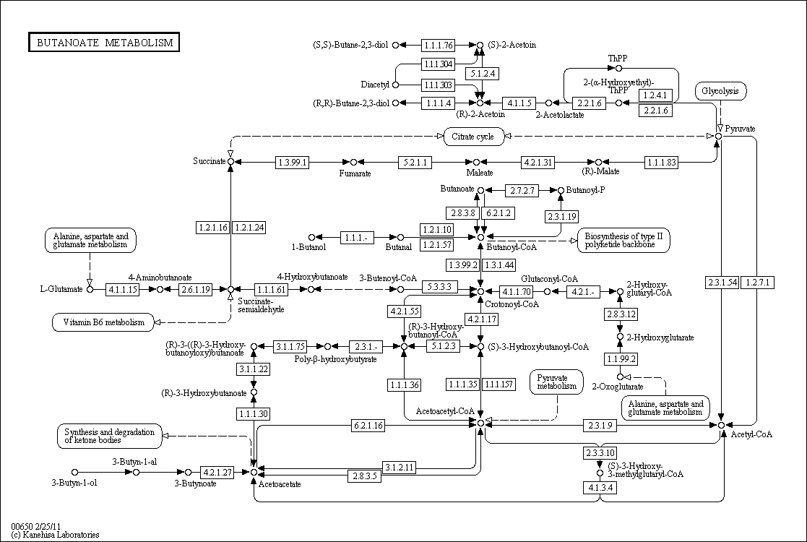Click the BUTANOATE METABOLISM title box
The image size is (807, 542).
pyautogui.click(x=104, y=43)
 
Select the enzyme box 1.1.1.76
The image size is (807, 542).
pyautogui.click(x=439, y=45)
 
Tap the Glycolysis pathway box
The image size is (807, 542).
pyautogui.click(x=720, y=91)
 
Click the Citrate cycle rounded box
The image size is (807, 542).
pyautogui.click(x=473, y=136)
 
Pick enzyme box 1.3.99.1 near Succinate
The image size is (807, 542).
pyautogui.click(x=293, y=162)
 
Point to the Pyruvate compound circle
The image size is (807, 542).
pyautogui.click(x=718, y=136)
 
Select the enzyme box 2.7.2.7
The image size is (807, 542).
pyautogui.click(x=522, y=191)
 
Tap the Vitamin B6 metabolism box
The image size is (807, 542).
pyautogui.click(x=103, y=322)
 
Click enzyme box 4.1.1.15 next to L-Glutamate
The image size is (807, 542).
pyautogui.click(x=123, y=290)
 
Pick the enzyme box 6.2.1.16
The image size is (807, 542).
pyautogui.click(x=368, y=425)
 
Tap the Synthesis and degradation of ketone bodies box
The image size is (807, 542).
pyautogui.click(x=108, y=435)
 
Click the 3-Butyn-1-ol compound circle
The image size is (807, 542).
pyautogui.click(x=74, y=472)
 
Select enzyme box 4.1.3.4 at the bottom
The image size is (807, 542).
pyautogui.click(x=600, y=488)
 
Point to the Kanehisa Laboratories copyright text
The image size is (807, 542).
pyautogui.click(x=56, y=535)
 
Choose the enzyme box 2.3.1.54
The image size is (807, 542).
pyautogui.click(x=722, y=282)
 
